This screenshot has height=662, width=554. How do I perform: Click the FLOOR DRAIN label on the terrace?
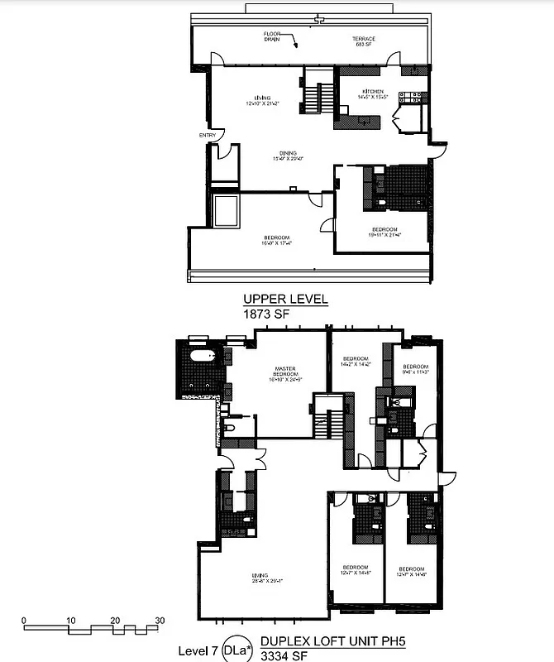273,36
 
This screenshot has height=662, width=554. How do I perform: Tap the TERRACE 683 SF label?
364,41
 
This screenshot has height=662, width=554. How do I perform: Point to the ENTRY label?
207,136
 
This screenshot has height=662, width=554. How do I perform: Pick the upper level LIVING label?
263,101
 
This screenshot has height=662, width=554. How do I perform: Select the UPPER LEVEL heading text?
285,299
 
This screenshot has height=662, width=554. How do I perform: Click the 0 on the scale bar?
25,620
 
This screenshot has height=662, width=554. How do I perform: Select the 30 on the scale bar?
160,620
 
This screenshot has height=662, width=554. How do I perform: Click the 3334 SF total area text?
279,655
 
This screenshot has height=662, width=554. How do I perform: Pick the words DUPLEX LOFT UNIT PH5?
335,640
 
